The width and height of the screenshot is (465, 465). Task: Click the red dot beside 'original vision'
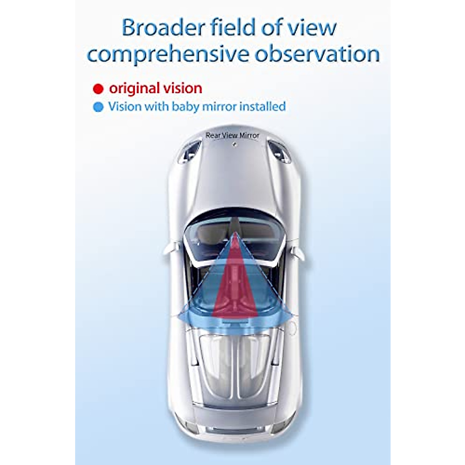98,89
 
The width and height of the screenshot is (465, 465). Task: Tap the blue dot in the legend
98,107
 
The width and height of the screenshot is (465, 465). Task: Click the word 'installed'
263,106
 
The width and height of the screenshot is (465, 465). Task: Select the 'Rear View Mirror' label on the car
232,135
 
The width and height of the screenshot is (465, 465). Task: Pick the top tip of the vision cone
234,234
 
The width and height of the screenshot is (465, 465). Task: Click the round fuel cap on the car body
291,329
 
